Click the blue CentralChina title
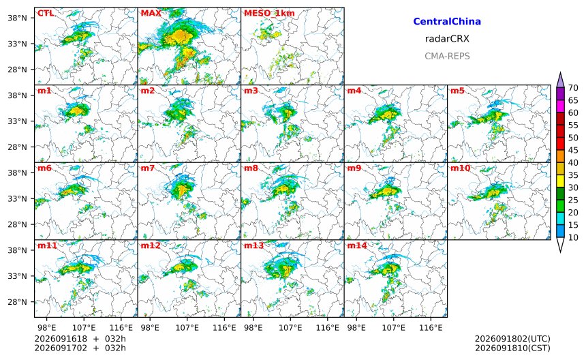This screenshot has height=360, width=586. coord(447,21)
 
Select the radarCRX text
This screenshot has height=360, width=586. coord(447,39)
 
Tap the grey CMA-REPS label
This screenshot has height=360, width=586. coord(447,56)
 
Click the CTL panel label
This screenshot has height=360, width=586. coord(45,13)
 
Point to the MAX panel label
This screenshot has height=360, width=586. coord(151,13)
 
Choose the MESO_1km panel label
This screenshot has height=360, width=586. coord(269,14)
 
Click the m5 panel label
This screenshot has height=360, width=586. coord(457,91)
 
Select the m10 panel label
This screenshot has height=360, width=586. coord(460,168)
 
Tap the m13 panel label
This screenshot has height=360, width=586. coord(253,245)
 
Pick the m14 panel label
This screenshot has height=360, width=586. coord(357,245)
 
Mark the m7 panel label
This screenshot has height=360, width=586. coord(148,168)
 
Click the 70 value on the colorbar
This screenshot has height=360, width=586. coord(573,88)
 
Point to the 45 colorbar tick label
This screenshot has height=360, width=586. coord(573,150)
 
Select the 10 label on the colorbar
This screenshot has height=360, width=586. coord(573,237)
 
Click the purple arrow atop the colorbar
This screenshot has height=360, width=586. coord(560,80)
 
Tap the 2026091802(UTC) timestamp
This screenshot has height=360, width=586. coord(512,339)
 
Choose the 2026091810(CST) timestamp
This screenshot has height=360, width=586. coord(512,348)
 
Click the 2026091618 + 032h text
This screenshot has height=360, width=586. coord(80,339)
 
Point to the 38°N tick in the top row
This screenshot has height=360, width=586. coord(17,18)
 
